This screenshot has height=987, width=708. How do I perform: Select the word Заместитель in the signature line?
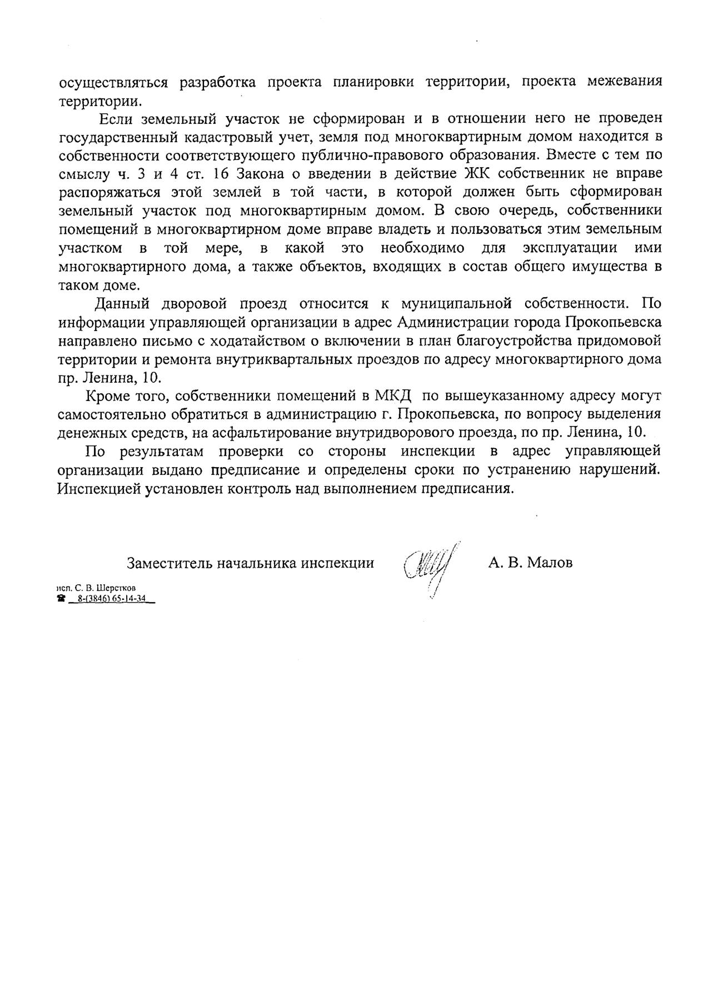pos(169,563)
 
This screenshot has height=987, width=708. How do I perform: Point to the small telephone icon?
pos(61,598)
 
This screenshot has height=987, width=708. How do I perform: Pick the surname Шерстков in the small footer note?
pos(116,587)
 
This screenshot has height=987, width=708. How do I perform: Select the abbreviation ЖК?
pos(478,173)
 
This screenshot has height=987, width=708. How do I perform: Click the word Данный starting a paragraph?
pos(123,304)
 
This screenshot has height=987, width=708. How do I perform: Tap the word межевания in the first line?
pos(625,81)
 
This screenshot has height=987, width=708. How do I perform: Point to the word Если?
pos(114,118)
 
